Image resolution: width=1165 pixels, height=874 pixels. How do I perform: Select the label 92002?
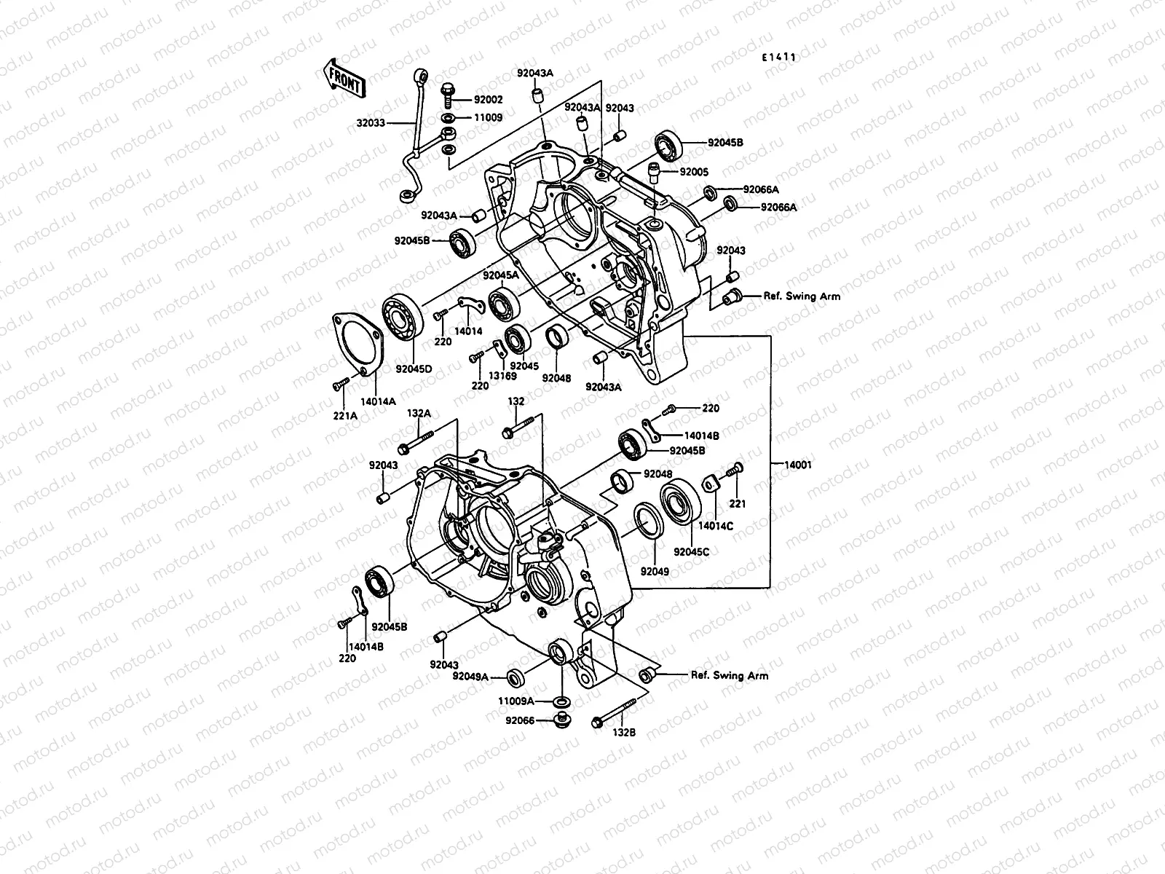pyautogui.click(x=489, y=99)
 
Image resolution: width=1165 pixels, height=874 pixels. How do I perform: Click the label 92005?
pyautogui.click(x=694, y=173)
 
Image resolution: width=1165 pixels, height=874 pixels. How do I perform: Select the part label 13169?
pyautogui.click(x=502, y=376)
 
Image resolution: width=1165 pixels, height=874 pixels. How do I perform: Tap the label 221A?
pyautogui.click(x=345, y=416)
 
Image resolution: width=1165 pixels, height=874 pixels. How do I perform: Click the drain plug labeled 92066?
pyautogui.click(x=561, y=722)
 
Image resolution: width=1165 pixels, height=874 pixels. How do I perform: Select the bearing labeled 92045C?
pyautogui.click(x=682, y=500)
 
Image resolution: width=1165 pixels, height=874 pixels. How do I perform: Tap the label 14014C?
pyautogui.click(x=716, y=524)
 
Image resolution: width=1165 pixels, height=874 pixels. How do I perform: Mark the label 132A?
pyautogui.click(x=419, y=413)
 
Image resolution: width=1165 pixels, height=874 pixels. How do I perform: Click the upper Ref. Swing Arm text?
pyautogui.click(x=791, y=296)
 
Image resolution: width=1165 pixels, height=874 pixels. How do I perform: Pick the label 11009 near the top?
pyautogui.click(x=489, y=117)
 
